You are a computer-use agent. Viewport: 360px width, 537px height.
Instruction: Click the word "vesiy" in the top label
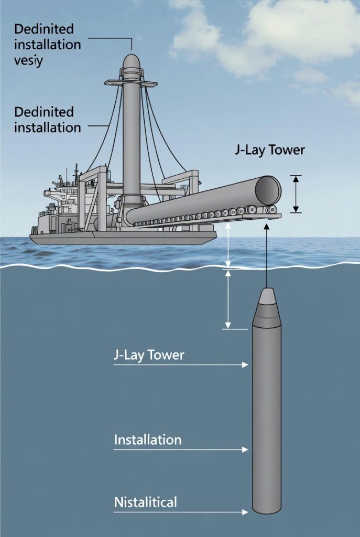point(28,60)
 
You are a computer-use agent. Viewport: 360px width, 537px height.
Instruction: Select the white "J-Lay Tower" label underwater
point(149,356)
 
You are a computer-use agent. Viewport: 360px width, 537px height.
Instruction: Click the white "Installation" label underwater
point(148,439)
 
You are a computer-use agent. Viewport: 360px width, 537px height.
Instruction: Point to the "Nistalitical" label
point(146,502)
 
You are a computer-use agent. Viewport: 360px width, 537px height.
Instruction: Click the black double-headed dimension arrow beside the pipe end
point(296,194)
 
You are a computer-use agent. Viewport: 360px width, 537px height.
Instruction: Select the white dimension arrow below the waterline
point(228,299)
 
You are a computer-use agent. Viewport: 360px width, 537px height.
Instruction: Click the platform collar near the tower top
point(131,83)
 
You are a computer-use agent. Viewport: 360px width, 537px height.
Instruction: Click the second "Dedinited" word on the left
point(44,112)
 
